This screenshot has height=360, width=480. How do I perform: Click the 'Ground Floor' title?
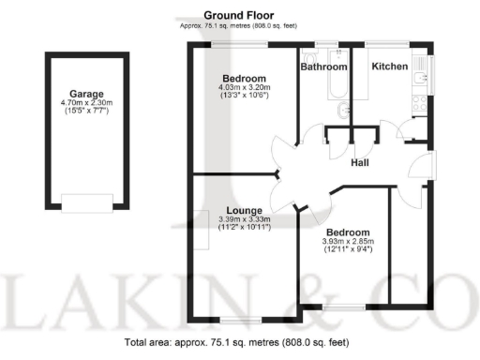pos(232,16)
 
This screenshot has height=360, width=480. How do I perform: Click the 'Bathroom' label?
pos(323,67)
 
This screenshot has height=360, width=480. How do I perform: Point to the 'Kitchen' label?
pos(389,67)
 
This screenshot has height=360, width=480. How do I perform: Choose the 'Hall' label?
pos(359,163)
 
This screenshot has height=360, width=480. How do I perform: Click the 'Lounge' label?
pos(243,210)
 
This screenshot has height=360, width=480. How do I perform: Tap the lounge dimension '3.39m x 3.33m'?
pos(243,219)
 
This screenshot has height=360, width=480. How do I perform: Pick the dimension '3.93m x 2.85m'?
pos(347,241)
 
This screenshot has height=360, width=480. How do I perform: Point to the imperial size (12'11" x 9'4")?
pos(347,250)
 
